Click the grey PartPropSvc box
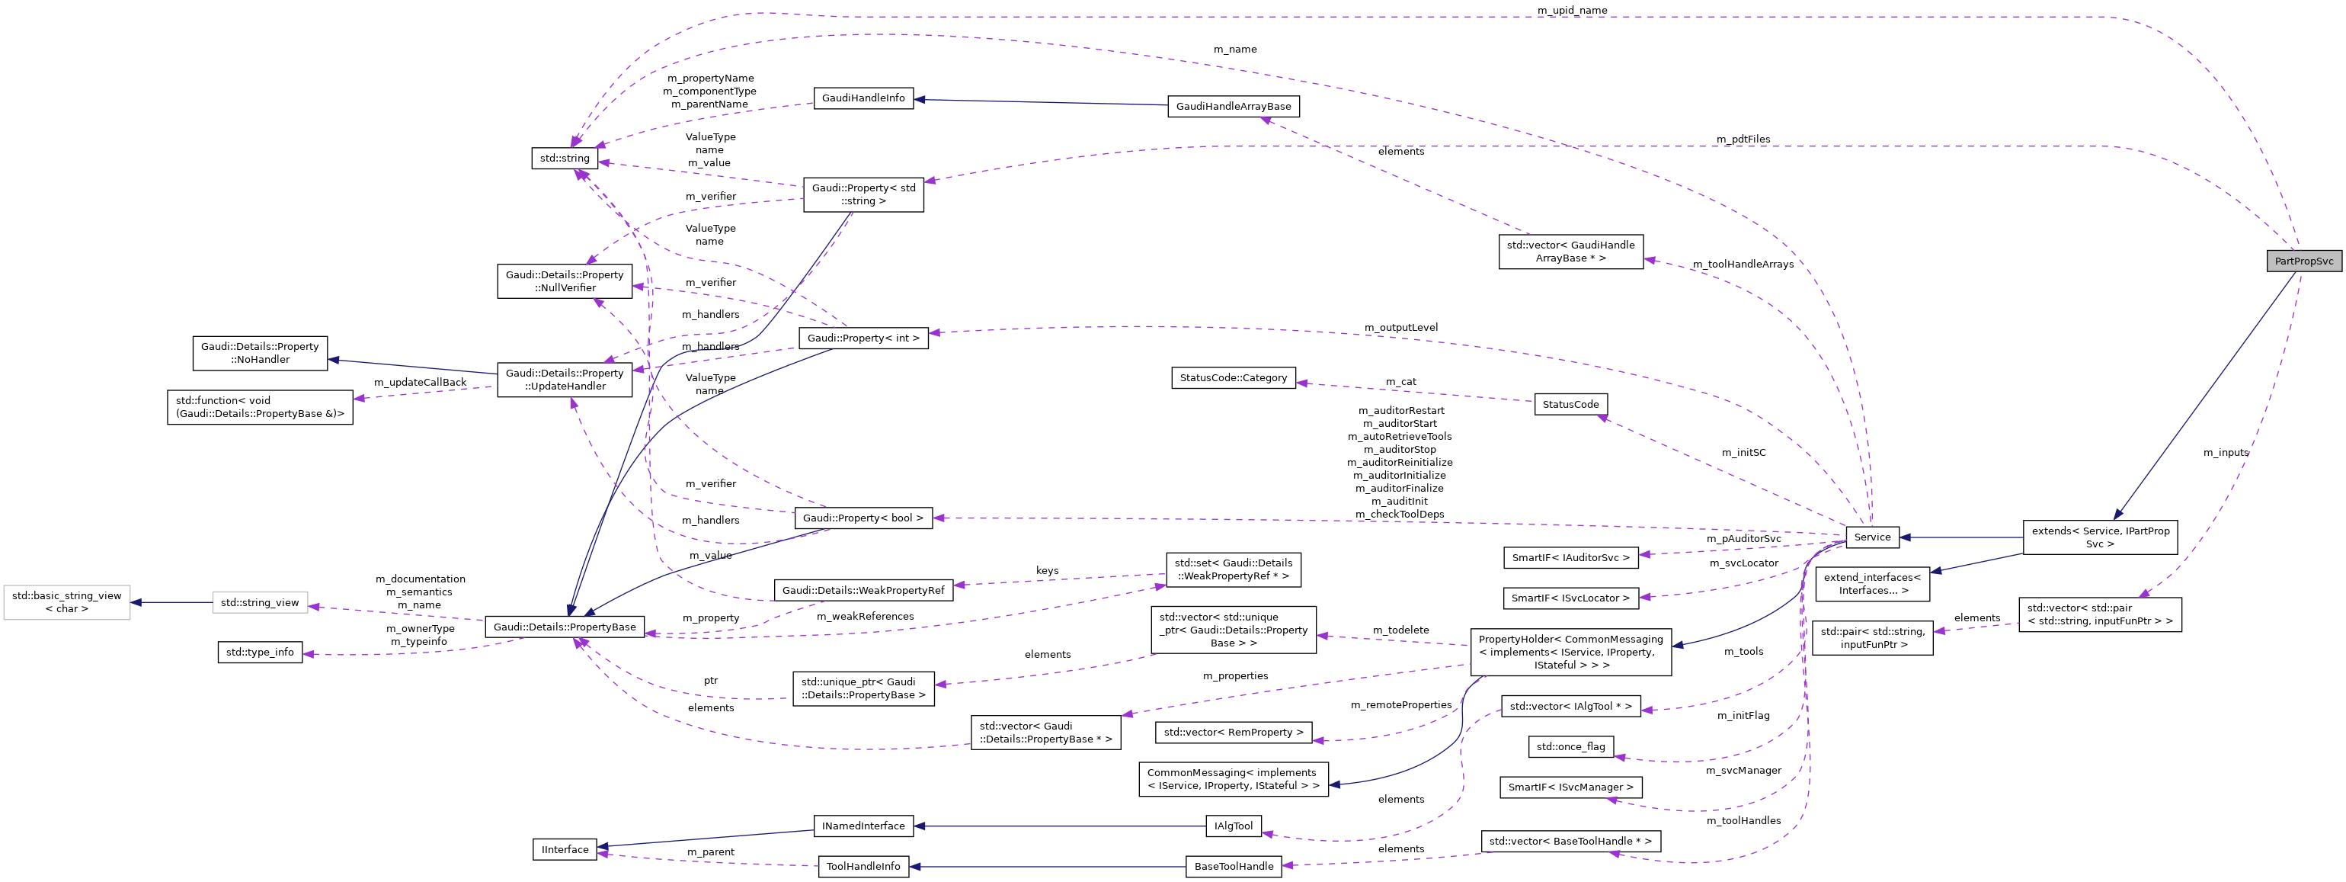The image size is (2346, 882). click(x=2303, y=261)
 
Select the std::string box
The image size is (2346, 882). click(x=565, y=159)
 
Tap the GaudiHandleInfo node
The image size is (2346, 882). click(x=863, y=98)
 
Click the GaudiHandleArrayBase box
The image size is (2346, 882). click(x=1233, y=107)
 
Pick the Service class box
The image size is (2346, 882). click(x=1871, y=537)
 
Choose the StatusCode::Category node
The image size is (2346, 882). click(x=1233, y=378)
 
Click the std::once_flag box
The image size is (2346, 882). click(x=1570, y=747)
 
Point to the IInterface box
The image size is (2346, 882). click(x=565, y=850)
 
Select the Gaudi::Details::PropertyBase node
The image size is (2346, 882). click(x=565, y=627)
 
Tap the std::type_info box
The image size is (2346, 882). click(x=260, y=653)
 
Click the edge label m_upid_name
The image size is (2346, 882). click(x=1571, y=10)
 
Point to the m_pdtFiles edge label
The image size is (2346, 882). click(x=1743, y=140)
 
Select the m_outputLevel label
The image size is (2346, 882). click(x=1400, y=327)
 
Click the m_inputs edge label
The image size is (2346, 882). click(x=2225, y=453)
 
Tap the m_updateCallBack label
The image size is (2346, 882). click(x=420, y=383)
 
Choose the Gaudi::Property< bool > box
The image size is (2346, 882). click(x=863, y=518)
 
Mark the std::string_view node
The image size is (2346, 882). click(x=260, y=603)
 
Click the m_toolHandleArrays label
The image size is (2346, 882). click(x=1743, y=265)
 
